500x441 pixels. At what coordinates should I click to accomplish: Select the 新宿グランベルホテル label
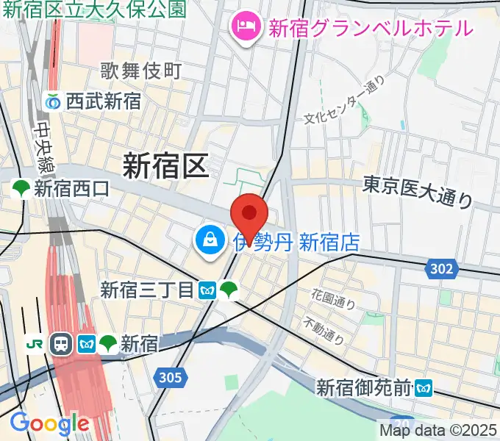tap(370, 29)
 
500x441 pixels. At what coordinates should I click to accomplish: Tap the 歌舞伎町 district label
tap(141, 71)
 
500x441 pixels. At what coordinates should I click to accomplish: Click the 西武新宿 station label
tap(103, 101)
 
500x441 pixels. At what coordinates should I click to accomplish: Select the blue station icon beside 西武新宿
tap(53, 102)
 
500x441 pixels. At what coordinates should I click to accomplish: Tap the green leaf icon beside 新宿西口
tap(21, 189)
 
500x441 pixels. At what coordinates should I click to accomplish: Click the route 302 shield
tap(441, 270)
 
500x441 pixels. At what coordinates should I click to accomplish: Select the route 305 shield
tap(168, 378)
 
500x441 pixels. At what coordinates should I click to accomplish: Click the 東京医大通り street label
tap(418, 190)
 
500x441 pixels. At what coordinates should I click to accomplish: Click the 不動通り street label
tap(324, 331)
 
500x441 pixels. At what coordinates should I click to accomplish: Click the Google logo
tap(49, 423)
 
